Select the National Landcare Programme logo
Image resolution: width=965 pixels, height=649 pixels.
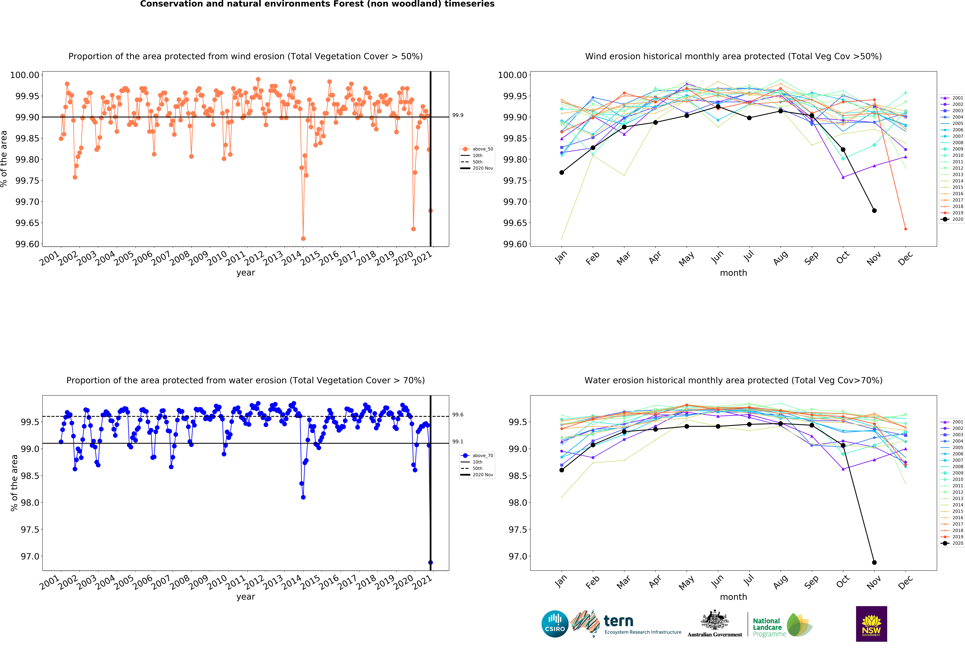[782, 627]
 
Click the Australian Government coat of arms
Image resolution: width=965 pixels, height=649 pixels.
[714, 620]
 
